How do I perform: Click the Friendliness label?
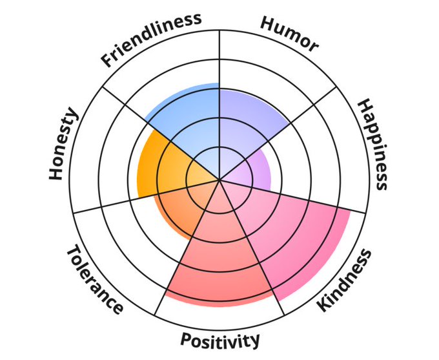pyautogui.click(x=150, y=39)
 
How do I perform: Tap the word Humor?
pyautogui.click(x=289, y=32)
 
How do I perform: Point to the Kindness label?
pyautogui.click(x=345, y=280)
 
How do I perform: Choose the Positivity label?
pyautogui.click(x=220, y=339)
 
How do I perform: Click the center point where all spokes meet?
pyautogui.click(x=219, y=180)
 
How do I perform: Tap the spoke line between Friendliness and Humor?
pyautogui.click(x=219, y=65)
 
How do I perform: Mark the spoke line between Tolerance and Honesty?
pyautogui.click(x=116, y=201)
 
